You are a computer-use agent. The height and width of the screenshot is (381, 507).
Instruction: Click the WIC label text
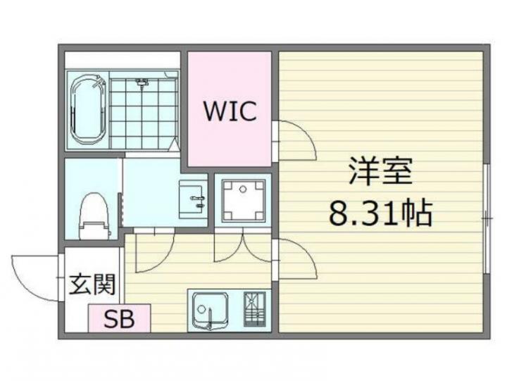click(230, 111)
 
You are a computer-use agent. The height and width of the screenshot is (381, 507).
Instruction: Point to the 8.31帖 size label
click(380, 213)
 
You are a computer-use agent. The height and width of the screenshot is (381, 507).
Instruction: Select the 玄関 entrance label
click(92, 285)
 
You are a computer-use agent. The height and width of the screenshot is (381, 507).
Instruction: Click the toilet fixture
click(94, 216)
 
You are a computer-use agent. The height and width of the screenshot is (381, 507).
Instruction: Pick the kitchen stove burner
click(254, 309)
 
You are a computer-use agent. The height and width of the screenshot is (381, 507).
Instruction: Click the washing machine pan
click(243, 201)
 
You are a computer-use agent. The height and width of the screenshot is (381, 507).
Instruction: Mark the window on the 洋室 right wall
click(487, 218)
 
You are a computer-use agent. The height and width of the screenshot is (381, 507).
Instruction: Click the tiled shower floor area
click(143, 113)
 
